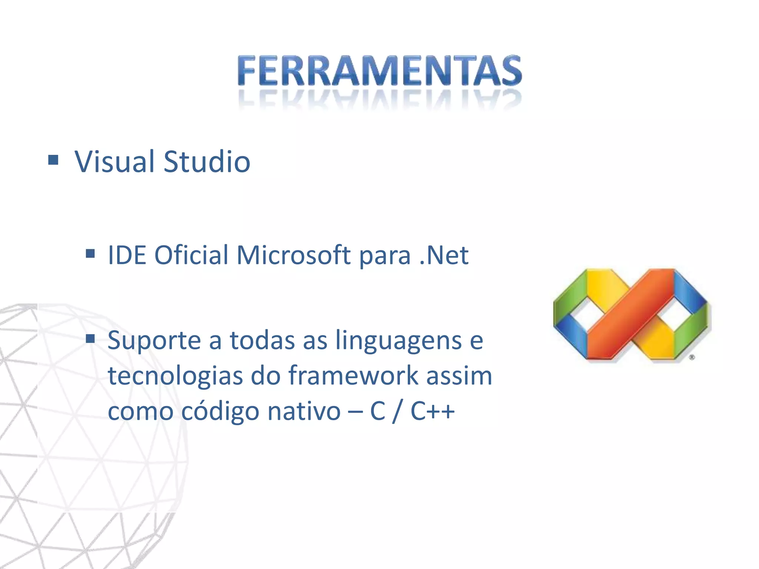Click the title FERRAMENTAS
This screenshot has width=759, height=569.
point(379,70)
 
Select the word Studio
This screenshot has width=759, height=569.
point(207,162)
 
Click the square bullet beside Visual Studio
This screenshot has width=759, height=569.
point(53,160)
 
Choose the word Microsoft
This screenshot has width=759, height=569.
point(293,255)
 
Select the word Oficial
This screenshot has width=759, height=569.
point(191,255)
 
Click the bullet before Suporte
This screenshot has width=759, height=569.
point(90,338)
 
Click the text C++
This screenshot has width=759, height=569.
point(432,411)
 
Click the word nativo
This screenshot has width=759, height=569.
point(304,411)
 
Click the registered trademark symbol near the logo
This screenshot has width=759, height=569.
point(692,357)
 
